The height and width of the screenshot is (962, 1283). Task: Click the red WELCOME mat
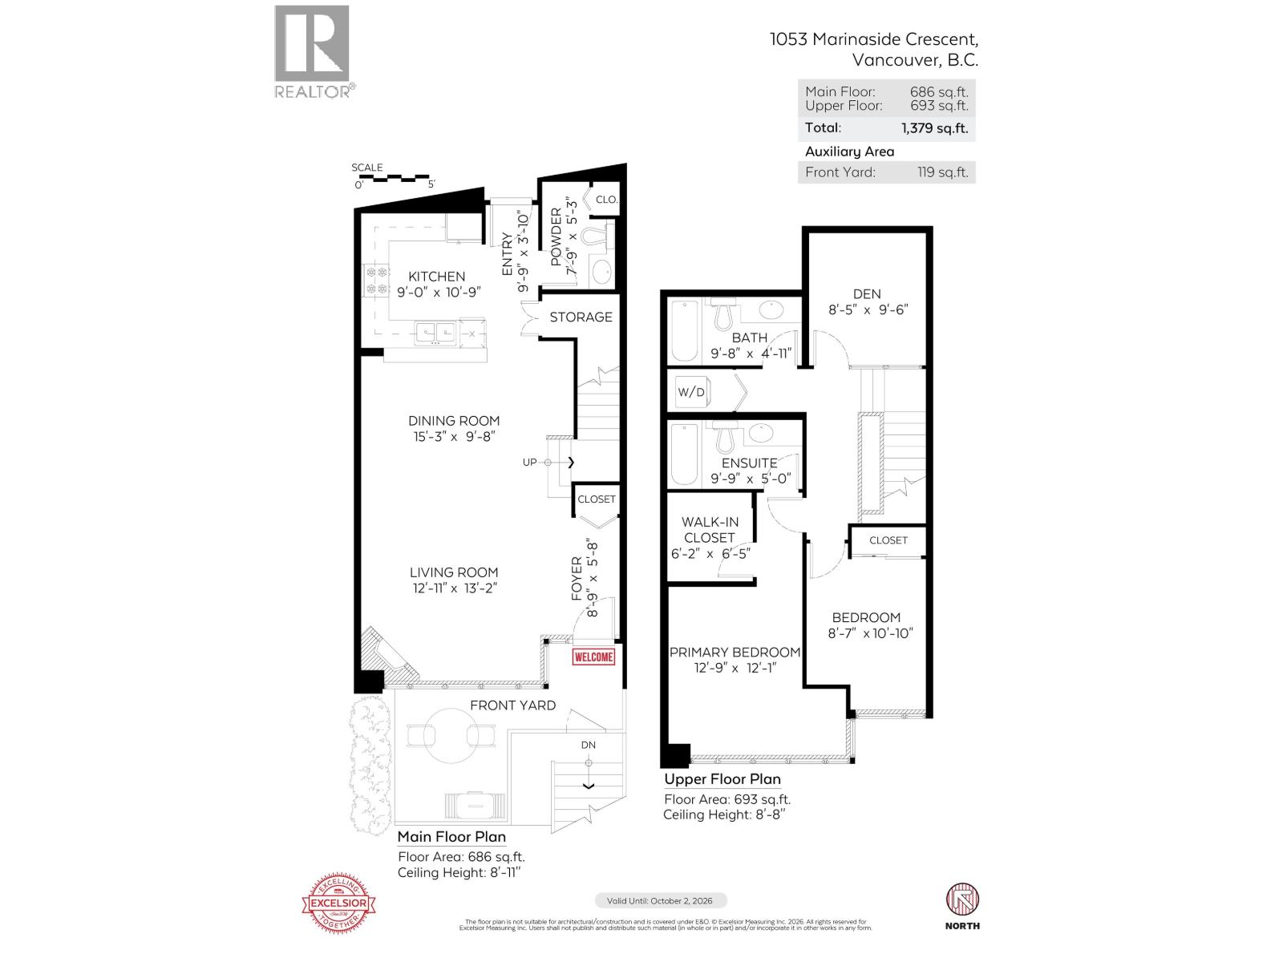593,657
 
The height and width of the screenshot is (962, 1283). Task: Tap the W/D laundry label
691,392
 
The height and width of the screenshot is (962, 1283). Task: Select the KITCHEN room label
436,277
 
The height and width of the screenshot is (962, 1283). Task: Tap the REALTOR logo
313,51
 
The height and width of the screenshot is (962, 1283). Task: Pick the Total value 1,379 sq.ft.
934,127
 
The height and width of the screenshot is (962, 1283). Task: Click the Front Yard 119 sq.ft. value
942,172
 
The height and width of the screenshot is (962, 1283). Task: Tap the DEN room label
867,294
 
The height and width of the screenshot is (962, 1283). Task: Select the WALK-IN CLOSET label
710,530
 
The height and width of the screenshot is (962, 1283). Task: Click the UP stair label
529,462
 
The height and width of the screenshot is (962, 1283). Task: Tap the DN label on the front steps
589,745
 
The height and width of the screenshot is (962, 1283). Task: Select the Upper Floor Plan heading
722,779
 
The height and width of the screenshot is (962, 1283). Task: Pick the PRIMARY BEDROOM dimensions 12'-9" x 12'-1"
735,669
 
